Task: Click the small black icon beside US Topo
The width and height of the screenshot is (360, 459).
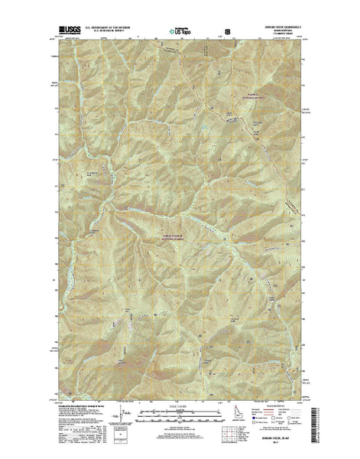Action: pos(226,33)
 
